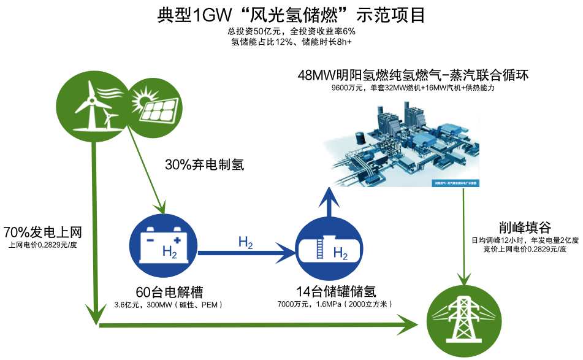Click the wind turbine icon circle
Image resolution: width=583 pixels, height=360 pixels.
[x=92, y=102]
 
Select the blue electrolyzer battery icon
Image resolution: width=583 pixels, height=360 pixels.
[x=165, y=245]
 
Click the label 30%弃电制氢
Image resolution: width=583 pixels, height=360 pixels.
[x=205, y=164]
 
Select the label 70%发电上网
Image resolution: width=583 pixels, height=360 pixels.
[x=43, y=232]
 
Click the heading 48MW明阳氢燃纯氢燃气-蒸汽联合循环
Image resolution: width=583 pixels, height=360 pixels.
[x=413, y=75]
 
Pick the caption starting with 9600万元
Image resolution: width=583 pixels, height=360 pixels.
[x=413, y=88]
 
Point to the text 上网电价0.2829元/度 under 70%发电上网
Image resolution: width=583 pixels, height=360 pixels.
[x=43, y=245]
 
